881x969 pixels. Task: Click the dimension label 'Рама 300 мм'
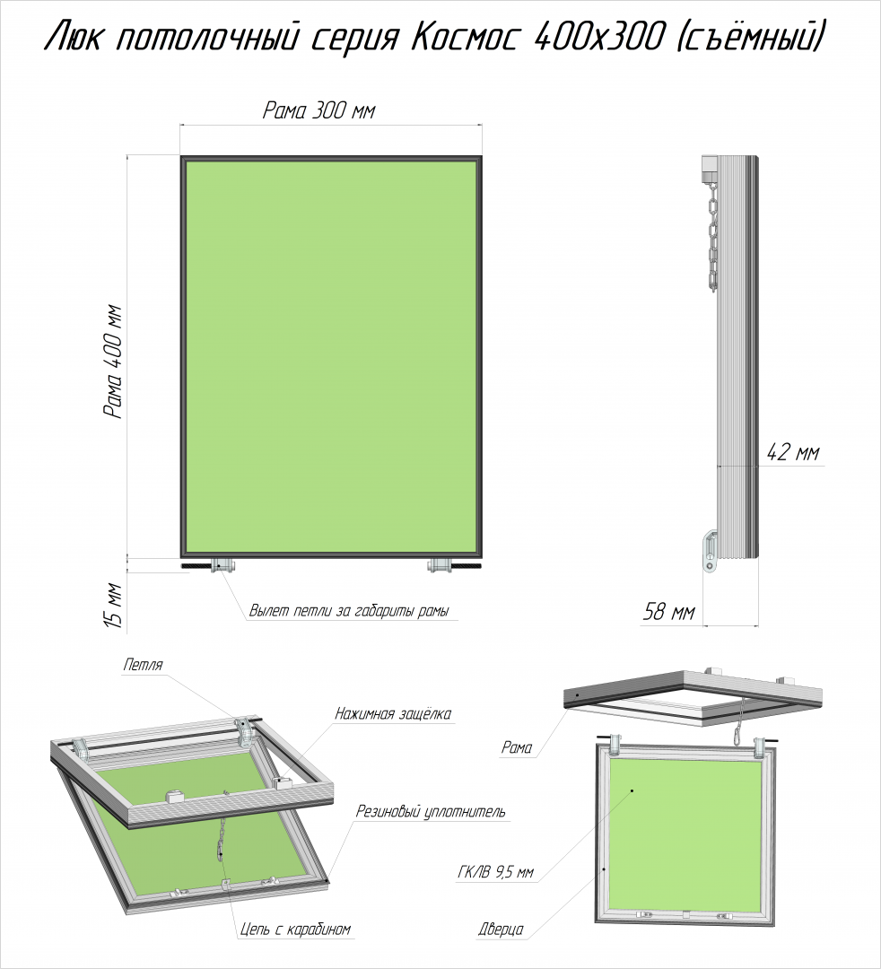click(x=318, y=110)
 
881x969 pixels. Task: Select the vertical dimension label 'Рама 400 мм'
click(x=114, y=362)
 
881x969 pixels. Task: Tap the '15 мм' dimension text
click(x=114, y=605)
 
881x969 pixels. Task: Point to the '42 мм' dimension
click(x=793, y=452)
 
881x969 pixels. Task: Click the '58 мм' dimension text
click(x=669, y=612)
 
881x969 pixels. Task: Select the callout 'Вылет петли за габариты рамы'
click(x=349, y=611)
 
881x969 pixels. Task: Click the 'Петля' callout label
click(x=143, y=665)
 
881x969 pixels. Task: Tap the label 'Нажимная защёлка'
click(x=393, y=714)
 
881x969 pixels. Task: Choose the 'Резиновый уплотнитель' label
click(x=431, y=811)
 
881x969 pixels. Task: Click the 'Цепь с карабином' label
click(x=295, y=929)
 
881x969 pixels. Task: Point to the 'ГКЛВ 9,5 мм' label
click(x=495, y=873)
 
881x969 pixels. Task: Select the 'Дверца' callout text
click(x=501, y=929)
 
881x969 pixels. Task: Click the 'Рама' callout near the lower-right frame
click(x=517, y=747)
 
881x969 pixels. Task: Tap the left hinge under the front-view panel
click(x=223, y=564)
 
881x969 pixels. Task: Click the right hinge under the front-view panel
click(x=440, y=564)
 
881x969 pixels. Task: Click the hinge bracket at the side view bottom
click(x=711, y=551)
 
